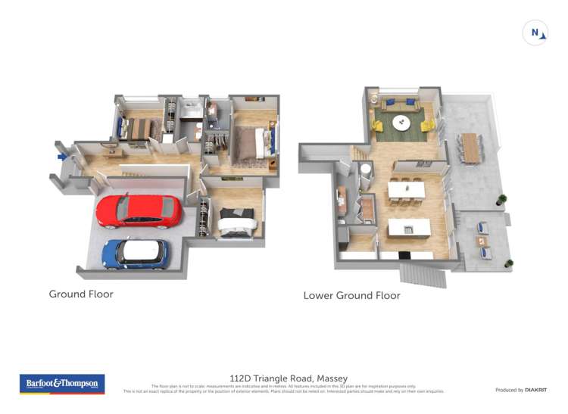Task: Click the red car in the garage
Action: (x=139, y=210)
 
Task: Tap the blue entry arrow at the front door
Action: (x=62, y=157)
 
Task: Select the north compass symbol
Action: (x=535, y=33)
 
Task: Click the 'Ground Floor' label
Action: (x=81, y=294)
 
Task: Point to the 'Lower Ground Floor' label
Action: (x=351, y=295)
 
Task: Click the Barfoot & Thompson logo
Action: (x=61, y=384)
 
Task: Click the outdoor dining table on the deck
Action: (x=471, y=147)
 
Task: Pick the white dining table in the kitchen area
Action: (x=404, y=189)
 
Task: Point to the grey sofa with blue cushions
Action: (x=401, y=104)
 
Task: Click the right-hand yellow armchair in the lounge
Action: (x=427, y=125)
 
